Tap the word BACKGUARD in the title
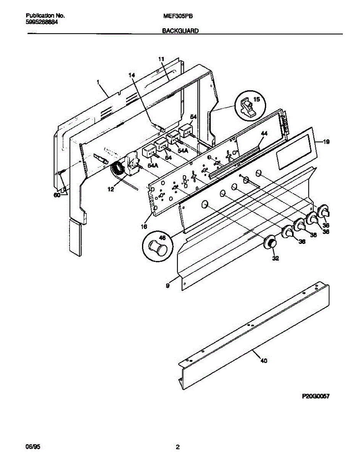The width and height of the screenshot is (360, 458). pos(181,32)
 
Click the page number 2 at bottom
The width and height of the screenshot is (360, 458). pos(177,447)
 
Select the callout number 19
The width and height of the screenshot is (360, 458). pos(326,142)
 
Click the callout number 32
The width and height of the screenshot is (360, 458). pos(275,258)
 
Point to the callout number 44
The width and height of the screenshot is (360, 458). pos(264,134)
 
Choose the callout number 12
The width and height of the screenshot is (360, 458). pos(111,189)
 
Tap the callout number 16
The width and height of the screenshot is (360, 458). pos(144,227)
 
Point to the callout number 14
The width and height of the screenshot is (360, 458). pos(132,75)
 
